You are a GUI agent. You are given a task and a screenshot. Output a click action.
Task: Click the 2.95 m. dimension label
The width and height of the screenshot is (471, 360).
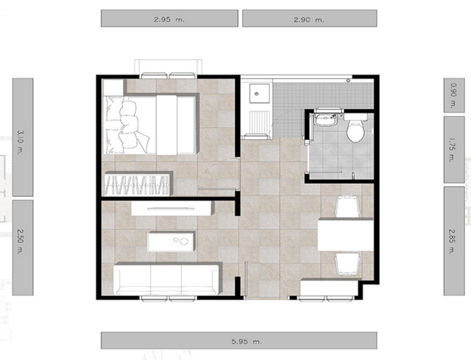point(169,20)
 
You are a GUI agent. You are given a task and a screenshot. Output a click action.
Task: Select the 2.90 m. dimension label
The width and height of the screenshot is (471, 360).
point(309,20)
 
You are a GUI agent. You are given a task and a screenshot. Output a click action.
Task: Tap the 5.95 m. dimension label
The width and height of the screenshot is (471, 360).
point(247,341)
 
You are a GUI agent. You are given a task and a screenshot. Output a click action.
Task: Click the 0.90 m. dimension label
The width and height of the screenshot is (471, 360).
point(454,96)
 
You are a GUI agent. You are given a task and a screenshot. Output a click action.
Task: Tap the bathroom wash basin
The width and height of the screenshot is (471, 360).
point(325,119)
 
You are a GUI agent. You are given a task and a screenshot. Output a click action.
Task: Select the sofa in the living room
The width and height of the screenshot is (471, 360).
point(168,279)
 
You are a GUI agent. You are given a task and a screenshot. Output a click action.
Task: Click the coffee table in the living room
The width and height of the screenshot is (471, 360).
point(171,242)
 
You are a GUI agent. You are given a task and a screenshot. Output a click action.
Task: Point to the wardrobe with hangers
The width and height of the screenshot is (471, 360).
point(139,184)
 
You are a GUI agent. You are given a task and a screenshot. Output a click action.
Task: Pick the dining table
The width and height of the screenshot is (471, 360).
point(345,234)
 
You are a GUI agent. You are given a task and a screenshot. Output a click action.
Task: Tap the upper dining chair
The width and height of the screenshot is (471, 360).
point(348,206)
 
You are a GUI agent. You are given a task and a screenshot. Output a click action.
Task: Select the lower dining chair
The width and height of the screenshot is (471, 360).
point(348,264)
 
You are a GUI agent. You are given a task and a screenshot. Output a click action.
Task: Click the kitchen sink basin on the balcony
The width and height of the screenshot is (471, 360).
point(256,94)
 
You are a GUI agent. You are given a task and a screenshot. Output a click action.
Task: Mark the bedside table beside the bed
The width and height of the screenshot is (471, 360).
point(114,87)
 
